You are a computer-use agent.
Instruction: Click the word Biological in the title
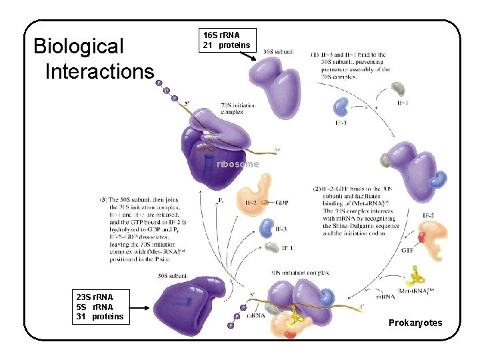[x=79, y=47]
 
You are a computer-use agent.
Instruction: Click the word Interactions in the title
[x=99, y=71]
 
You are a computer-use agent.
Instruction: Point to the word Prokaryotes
[x=415, y=323]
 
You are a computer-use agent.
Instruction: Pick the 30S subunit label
[x=277, y=51]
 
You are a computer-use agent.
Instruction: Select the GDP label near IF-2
[x=281, y=202]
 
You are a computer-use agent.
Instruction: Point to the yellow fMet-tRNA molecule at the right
[x=419, y=275]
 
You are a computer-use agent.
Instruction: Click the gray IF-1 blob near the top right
[x=398, y=88]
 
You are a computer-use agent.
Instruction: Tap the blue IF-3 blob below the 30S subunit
[x=341, y=106]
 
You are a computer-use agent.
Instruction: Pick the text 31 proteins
[x=100, y=316]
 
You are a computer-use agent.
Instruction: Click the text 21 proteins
[x=227, y=45]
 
